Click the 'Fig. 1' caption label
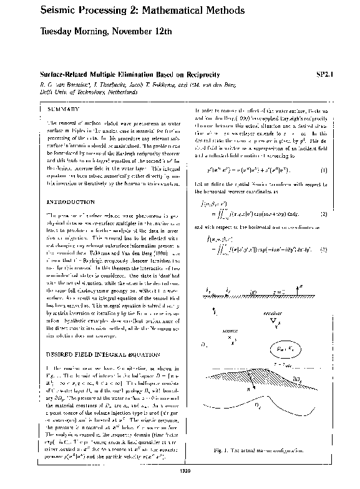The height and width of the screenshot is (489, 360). pyautogui.click(x=243, y=450)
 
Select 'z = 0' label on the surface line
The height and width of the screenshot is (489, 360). pyautogui.click(x=278, y=291)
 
